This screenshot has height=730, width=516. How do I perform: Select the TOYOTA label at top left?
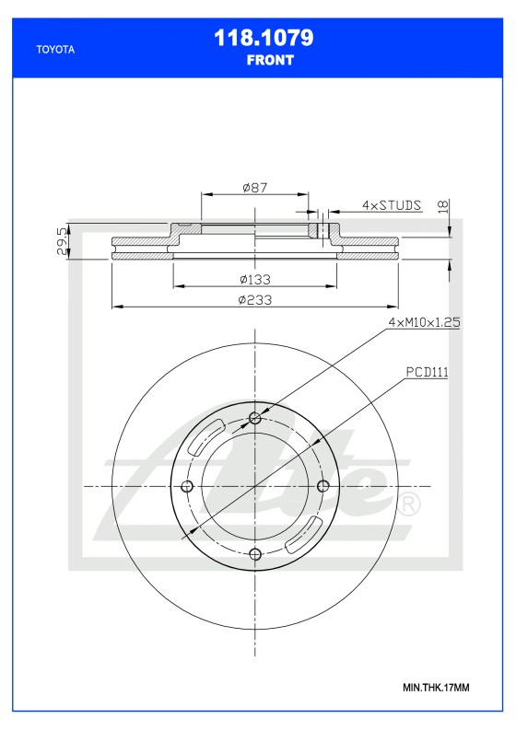54,51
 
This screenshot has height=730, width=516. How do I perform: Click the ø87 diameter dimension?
255,187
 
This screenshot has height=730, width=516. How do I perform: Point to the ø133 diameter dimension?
253,279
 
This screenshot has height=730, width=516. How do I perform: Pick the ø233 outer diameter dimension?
253,300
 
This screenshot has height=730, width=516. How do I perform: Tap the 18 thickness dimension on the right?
444,206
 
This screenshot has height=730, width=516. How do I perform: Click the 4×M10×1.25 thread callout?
424,322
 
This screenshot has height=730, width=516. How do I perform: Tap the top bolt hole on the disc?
256,420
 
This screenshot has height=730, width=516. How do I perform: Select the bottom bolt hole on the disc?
256,552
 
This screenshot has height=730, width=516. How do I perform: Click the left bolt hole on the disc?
189,486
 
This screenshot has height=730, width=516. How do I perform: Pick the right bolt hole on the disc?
322,486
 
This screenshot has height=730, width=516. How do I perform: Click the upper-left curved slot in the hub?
205,436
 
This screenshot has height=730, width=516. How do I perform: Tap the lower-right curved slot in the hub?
304,535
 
